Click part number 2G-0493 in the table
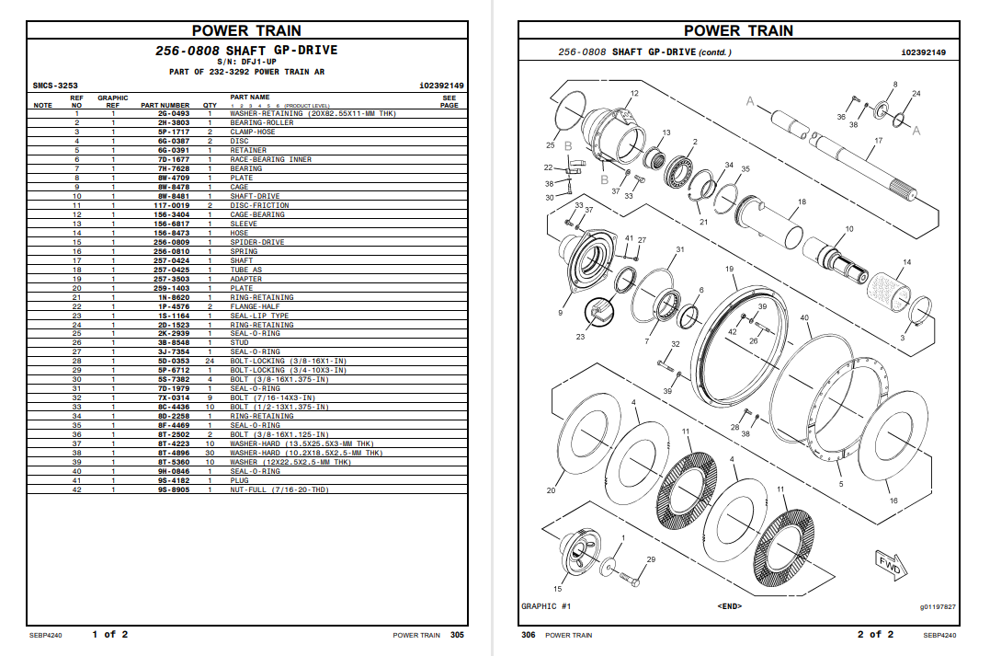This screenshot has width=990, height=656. pyautogui.click(x=173, y=113)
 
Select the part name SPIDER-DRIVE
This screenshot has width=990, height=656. pyautogui.click(x=256, y=242)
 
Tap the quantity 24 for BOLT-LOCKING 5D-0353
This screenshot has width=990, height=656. pyautogui.click(x=210, y=362)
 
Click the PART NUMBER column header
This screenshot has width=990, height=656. pyautogui.click(x=165, y=106)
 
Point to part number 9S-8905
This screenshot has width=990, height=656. pyautogui.click(x=173, y=490)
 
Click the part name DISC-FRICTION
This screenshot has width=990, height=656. pyautogui.click(x=259, y=205)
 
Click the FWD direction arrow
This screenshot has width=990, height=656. pyautogui.click(x=889, y=562)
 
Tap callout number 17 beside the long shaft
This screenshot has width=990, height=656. pyautogui.click(x=878, y=141)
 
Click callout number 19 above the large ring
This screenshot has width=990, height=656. pyautogui.click(x=729, y=269)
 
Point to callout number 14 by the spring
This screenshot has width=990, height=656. pyautogui.click(x=906, y=263)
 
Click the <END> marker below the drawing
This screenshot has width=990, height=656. pyautogui.click(x=729, y=606)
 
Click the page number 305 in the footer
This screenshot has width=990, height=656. pyautogui.click(x=458, y=635)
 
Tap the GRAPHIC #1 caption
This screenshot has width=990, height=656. pyautogui.click(x=546, y=606)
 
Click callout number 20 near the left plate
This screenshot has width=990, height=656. pyautogui.click(x=551, y=490)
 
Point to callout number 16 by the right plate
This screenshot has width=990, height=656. pyautogui.click(x=893, y=501)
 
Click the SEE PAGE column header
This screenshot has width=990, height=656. pyautogui.click(x=449, y=101)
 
